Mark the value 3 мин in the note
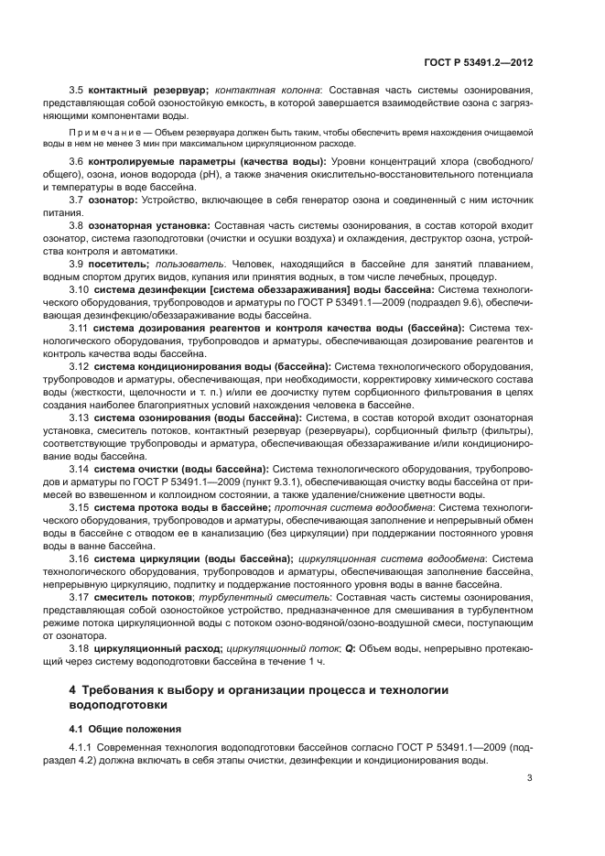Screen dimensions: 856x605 click(x=166, y=144)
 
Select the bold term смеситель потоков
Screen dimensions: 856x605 click(x=140, y=597)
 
